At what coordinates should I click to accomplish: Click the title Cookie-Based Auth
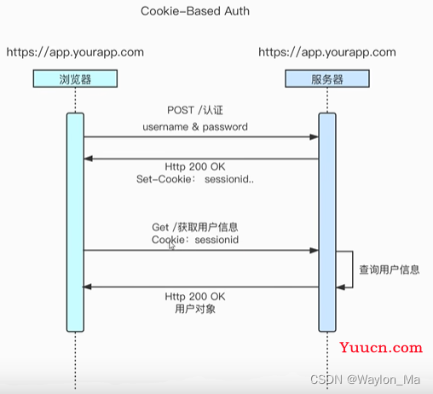pos(195,11)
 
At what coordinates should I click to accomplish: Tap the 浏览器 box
pos(75,78)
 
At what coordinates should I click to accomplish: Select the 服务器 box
pos(327,78)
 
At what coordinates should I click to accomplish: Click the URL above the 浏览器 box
pos(75,52)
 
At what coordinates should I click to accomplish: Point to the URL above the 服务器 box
pos(327,52)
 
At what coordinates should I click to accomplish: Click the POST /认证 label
pos(195,110)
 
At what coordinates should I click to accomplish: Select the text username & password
pos(195,127)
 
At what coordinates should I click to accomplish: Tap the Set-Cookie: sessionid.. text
pos(195,179)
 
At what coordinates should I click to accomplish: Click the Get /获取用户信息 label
pos(195,227)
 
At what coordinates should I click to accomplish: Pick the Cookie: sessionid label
pos(195,240)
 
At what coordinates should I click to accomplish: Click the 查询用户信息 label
pos(390,269)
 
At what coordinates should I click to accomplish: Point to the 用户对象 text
pos(195,309)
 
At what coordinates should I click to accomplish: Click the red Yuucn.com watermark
pos(381,347)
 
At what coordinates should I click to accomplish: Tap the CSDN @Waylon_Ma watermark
pos(365,380)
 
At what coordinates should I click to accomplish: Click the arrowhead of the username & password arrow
pos(315,137)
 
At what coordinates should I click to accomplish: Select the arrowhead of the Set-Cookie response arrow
pos(89,159)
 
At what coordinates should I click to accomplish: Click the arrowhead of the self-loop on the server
pos(340,287)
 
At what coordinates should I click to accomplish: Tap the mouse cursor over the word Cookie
pos(171,246)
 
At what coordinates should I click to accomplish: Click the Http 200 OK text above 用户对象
pos(195,297)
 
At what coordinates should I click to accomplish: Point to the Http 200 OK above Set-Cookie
pos(195,166)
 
